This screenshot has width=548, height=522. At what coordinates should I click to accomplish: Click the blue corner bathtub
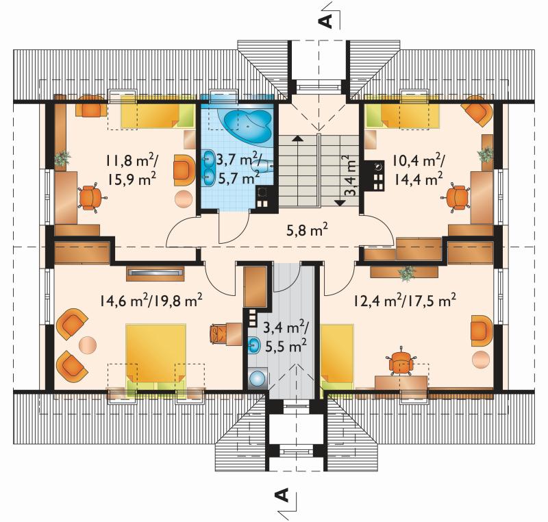pyautogui.click(x=247, y=126)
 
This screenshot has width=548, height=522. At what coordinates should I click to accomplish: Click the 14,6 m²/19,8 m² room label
pyautogui.click(x=151, y=300)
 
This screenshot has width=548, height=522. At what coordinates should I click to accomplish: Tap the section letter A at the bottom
pyautogui.click(x=282, y=495)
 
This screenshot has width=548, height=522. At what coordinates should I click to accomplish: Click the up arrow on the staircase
pyautogui.click(x=297, y=138)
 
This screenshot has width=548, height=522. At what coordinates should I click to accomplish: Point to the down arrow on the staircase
pyautogui.click(x=340, y=202)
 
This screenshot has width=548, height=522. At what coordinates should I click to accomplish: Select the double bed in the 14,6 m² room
pyautogui.click(x=155, y=357)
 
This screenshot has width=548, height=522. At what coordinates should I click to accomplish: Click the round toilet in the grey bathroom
pyautogui.click(x=258, y=379)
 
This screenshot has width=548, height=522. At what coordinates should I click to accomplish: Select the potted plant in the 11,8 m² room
pyautogui.click(x=62, y=158)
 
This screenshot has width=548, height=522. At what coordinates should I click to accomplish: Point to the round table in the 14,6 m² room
pyautogui.click(x=88, y=345)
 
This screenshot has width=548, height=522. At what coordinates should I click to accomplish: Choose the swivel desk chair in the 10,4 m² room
pyautogui.click(x=457, y=197)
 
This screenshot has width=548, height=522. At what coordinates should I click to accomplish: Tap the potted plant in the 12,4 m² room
pyautogui.click(x=406, y=273)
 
